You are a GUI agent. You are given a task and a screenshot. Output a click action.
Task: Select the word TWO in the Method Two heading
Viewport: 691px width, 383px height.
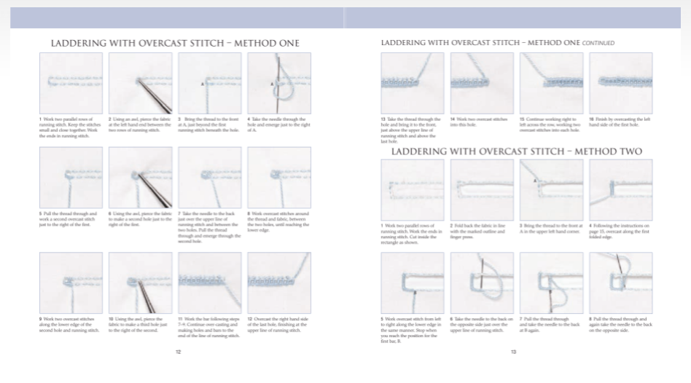(627, 151)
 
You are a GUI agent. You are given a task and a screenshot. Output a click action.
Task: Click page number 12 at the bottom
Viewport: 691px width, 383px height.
(178, 351)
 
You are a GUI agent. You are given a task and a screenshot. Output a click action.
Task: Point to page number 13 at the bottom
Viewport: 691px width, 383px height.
(513, 351)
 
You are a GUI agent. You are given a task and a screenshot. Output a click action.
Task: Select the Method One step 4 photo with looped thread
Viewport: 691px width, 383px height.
(279, 83)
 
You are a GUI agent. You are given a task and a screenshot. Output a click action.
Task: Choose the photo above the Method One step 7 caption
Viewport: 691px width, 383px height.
(210, 178)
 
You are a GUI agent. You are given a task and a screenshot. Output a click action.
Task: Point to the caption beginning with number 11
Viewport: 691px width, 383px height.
(210, 327)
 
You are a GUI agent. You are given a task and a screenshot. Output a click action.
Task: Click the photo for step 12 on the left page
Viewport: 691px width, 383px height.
(279, 283)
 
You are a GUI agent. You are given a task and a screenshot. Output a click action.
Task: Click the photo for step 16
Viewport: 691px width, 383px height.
(620, 83)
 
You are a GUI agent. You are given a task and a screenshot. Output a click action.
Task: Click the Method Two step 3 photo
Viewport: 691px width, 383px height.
(551, 190)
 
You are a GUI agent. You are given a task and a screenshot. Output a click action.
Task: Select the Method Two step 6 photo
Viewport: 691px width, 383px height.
(481, 283)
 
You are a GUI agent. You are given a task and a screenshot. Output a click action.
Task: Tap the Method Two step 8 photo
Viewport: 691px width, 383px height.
(620, 283)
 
